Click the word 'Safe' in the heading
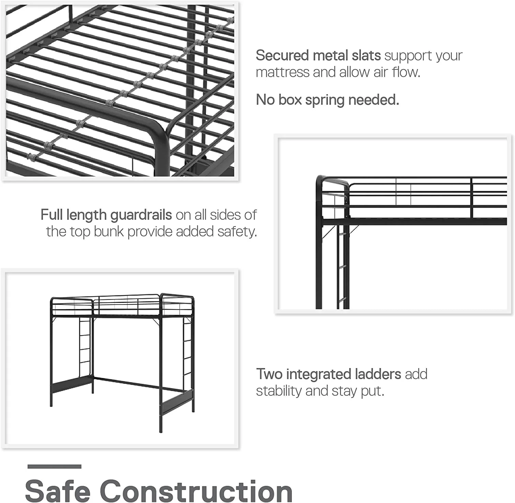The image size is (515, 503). [57, 491]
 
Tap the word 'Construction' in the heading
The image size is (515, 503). [196, 491]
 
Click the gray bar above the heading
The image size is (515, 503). [54, 466]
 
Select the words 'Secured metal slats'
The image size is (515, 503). [318, 56]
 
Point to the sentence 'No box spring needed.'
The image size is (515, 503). [328, 100]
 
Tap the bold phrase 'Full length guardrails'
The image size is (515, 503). [106, 215]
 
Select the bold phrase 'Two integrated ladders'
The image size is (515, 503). [329, 374]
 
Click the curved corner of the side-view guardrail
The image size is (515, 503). [321, 180]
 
